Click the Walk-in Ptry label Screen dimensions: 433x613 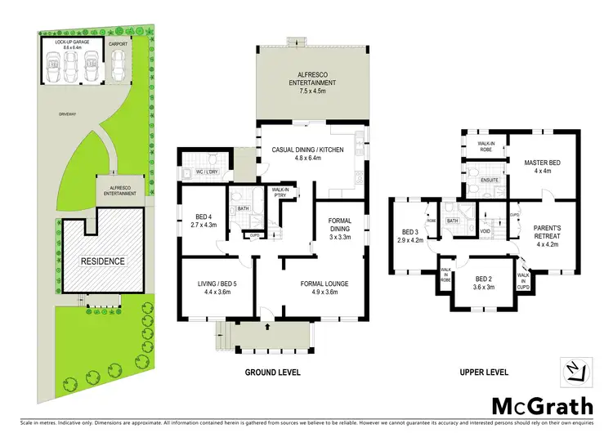pos(280,193)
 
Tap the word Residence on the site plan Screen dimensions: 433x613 pos(102,261)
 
